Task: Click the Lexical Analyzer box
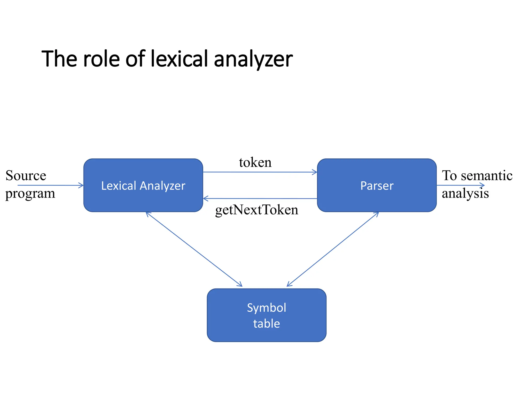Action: pos(143,185)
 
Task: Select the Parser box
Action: pos(377,185)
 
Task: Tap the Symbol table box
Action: pos(266,315)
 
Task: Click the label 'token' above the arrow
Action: pos(255,163)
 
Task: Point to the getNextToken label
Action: pos(256,210)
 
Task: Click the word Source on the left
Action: pos(26,176)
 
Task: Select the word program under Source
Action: pos(30,194)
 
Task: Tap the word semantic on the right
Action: pos(487,176)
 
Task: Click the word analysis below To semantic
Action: pos(465,194)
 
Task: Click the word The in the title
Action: pos(59,59)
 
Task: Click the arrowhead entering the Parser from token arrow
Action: pos(315,172)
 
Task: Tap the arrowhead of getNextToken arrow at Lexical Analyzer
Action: pos(205,198)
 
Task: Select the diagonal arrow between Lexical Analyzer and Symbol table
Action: pos(194,249)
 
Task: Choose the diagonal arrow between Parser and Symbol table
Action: pos(333,249)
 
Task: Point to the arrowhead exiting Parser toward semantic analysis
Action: pos(483,185)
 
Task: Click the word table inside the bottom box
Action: pos(266,324)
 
